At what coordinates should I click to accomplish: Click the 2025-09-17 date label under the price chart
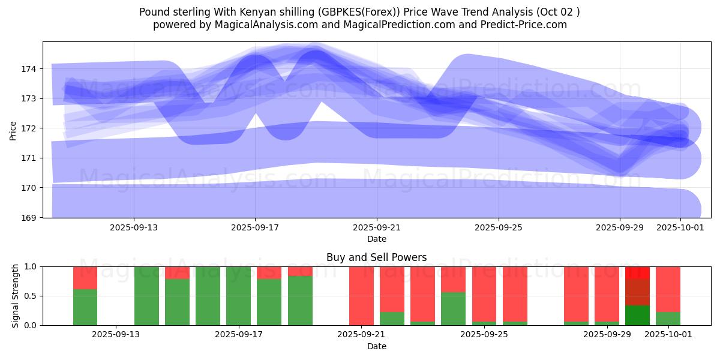click(x=256, y=227)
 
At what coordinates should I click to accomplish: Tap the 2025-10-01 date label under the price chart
click(x=680, y=227)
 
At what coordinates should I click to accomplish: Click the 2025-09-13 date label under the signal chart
click(x=116, y=335)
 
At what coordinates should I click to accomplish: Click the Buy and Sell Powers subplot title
click(x=376, y=257)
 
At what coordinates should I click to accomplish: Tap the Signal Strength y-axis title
click(x=16, y=295)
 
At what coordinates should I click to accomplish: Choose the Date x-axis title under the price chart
click(x=376, y=239)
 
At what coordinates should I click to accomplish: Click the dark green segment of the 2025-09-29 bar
click(x=637, y=316)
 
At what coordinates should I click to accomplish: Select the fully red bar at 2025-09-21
click(x=361, y=295)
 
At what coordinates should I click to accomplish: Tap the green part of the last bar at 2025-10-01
click(x=668, y=319)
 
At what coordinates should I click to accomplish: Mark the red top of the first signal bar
click(x=85, y=278)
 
